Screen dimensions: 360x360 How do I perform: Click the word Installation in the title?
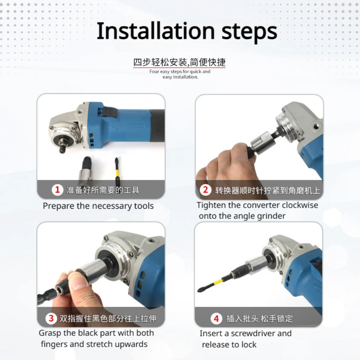pos(156,31)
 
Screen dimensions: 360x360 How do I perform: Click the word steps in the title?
pos(249,32)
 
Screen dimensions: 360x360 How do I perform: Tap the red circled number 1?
pos(57,190)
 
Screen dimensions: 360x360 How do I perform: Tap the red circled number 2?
pos(206,190)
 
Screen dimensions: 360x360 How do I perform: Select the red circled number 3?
pos(51,319)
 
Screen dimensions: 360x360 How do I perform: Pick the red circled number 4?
pos(216,319)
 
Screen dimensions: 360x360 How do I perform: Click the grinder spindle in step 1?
pos(62,147)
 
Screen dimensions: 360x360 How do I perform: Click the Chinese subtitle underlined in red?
pos(179,62)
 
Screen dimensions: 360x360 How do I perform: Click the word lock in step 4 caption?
pos(249,345)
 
